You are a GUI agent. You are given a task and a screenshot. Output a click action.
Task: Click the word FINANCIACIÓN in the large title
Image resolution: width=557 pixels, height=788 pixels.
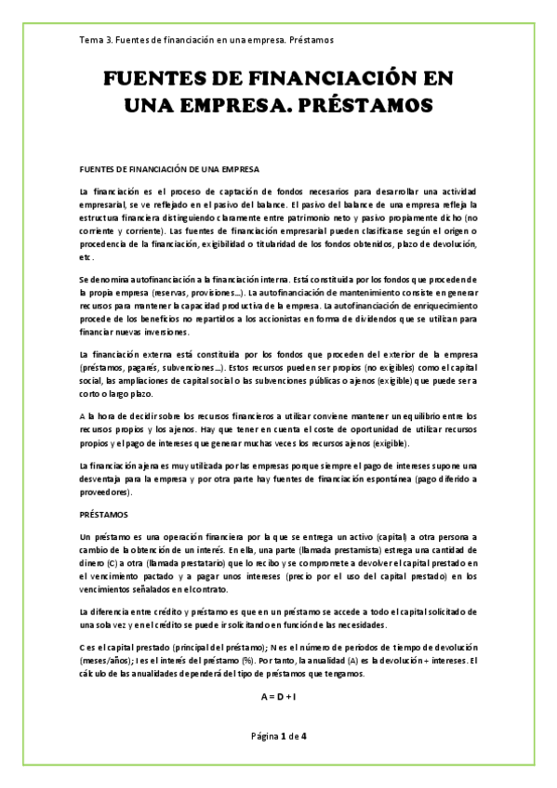point(339,81)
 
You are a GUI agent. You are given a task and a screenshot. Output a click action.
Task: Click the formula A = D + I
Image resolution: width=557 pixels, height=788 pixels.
point(278,694)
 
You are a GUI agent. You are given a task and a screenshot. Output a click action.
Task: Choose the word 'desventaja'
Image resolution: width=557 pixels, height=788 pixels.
point(106,479)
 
